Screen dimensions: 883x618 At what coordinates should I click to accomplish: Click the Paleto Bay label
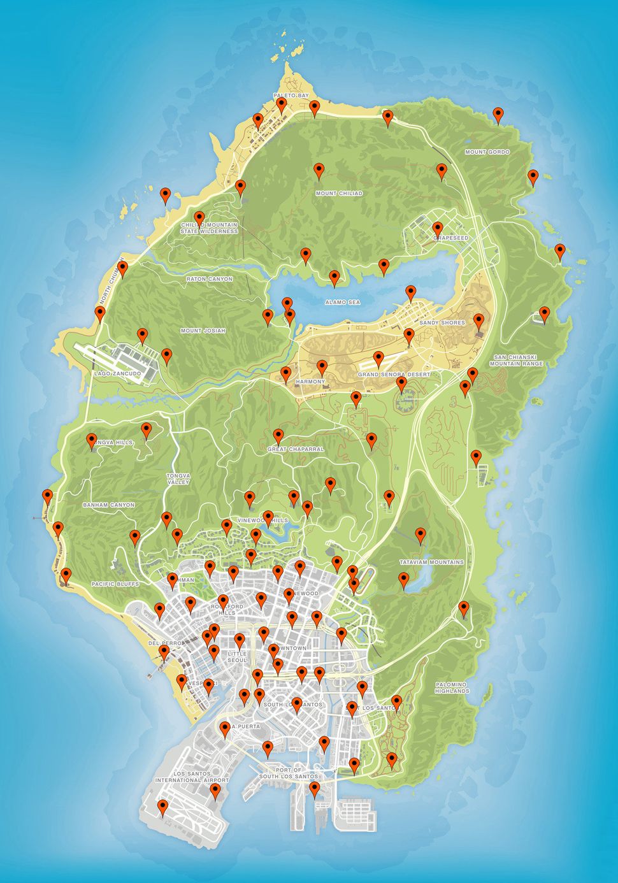point(291,96)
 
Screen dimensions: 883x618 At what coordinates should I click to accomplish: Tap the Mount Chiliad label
point(339,193)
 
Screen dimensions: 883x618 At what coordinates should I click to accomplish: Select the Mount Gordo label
point(487,152)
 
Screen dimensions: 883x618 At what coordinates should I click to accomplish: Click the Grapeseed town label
point(451,238)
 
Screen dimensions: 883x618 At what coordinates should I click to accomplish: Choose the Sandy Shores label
point(442,323)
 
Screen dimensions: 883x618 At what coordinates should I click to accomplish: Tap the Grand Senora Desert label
point(394,375)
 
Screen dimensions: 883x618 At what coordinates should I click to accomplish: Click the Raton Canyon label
point(209,279)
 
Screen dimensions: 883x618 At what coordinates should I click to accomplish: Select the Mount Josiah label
point(203,331)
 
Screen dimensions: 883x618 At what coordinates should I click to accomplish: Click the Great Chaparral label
point(296,449)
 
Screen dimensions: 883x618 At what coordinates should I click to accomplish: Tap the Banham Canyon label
point(108,505)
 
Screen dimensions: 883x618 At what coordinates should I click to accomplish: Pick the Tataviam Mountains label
point(431,563)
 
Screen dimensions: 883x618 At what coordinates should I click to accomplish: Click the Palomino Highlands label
point(451,687)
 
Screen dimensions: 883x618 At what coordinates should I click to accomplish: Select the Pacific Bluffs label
point(115,584)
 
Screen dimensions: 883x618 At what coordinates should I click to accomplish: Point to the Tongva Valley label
point(178,478)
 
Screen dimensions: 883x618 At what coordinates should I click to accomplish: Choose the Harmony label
point(310,382)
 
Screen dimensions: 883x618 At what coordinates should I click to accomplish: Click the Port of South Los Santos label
point(289,773)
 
